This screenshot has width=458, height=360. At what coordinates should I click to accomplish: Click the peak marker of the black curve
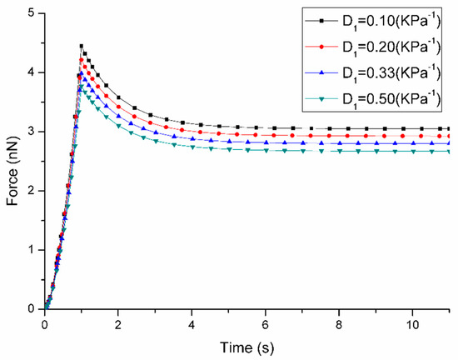click(x=81, y=46)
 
